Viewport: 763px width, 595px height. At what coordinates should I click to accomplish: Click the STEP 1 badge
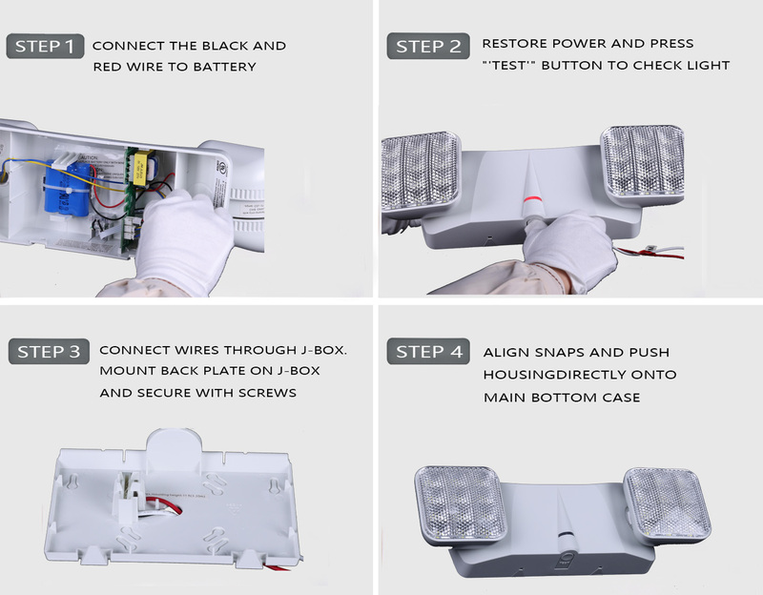tap(45, 46)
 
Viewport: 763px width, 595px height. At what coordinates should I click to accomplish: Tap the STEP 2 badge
tap(428, 46)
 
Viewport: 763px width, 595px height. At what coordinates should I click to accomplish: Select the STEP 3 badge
tap(49, 351)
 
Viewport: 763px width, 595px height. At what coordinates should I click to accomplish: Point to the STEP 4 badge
tap(428, 351)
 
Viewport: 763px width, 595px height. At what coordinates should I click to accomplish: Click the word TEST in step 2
tap(509, 65)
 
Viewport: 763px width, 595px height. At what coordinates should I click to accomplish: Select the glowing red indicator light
tap(531, 199)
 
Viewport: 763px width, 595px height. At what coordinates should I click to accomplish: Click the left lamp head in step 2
tap(420, 172)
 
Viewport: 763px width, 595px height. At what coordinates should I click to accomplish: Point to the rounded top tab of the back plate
tap(175, 445)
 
